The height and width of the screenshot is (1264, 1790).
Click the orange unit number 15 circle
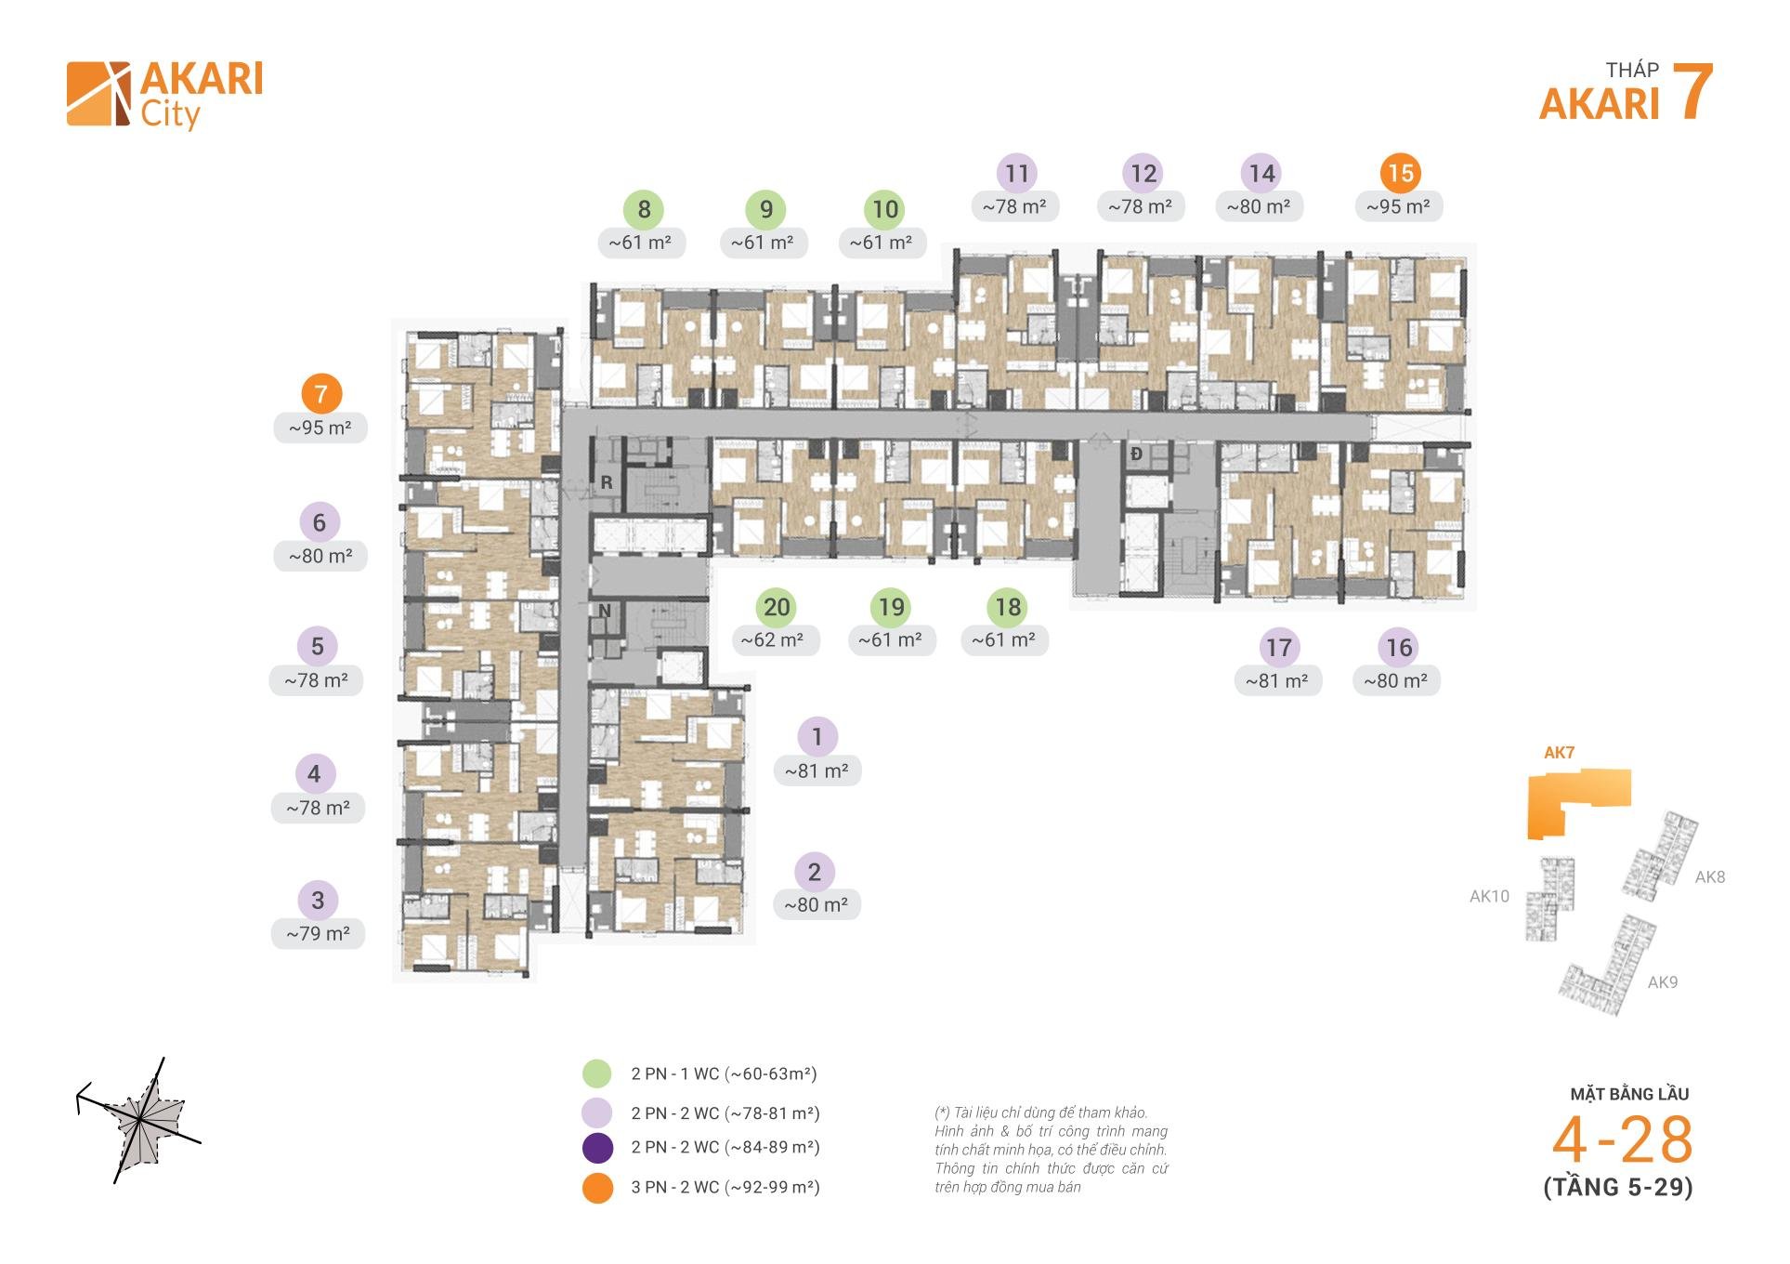coord(1400,173)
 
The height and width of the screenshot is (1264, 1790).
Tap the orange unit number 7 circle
coord(320,393)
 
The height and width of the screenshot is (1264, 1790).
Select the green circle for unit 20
coord(777,607)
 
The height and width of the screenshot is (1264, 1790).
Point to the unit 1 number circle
coord(817,737)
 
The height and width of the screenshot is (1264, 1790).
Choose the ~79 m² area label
coord(318,933)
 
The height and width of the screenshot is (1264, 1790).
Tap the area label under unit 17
coord(1277,680)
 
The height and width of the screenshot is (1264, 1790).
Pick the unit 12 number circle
coord(1143,173)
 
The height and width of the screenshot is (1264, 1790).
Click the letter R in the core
coord(607,482)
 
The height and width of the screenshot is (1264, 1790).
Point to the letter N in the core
coord(605,611)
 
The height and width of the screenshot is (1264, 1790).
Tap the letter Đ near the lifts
coord(1136,454)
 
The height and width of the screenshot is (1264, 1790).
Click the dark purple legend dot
coord(597,1148)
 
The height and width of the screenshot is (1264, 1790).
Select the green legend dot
coord(597,1073)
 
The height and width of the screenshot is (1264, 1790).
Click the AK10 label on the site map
coord(1489,896)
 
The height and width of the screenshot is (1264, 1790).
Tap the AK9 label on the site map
coord(1663,982)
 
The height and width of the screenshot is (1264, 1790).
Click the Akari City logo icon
coord(98,94)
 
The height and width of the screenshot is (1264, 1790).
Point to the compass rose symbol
coord(139,1120)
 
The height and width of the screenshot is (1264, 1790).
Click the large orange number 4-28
coord(1623,1140)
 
